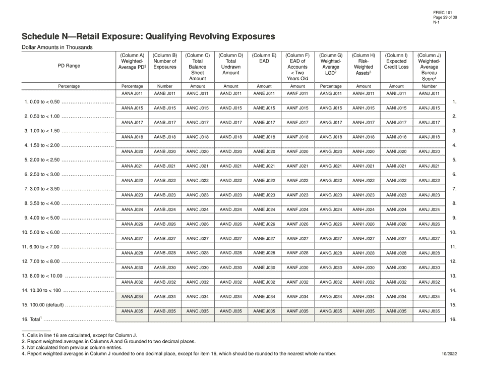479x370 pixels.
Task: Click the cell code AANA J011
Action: (x=133, y=93)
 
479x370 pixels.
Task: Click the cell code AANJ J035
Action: (x=429, y=311)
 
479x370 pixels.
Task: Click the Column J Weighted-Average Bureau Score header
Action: (x=429, y=67)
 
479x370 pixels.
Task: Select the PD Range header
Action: (x=69, y=66)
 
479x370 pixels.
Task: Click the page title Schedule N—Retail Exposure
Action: (x=148, y=36)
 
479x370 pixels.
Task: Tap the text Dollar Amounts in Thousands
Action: (x=57, y=47)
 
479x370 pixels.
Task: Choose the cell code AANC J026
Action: (x=198, y=224)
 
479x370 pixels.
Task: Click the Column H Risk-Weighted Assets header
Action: (x=363, y=64)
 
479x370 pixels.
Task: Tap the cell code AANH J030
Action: (x=363, y=268)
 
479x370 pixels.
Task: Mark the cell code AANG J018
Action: (x=331, y=137)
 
